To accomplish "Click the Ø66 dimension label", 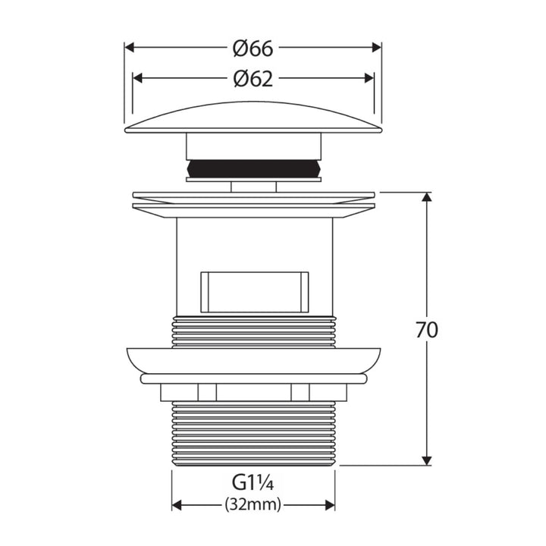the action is (253, 49).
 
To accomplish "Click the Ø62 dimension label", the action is (253, 79).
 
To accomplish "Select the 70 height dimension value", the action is (426, 330).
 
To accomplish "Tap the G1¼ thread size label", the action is (253, 483).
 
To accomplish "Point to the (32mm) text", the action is (253, 504).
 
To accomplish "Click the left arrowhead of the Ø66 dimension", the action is (130, 47).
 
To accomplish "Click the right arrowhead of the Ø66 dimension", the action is (377, 47).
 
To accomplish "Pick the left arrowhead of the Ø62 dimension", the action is (137, 78).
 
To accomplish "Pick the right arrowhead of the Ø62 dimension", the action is (369, 78).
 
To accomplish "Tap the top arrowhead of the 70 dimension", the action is (426, 196).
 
